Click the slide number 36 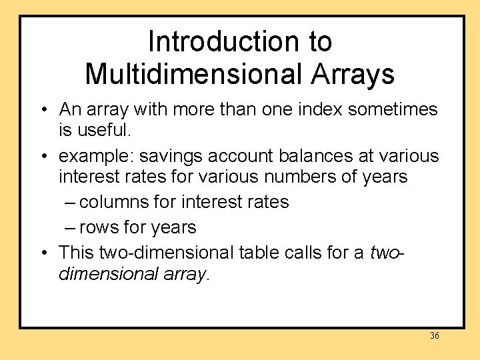click(x=434, y=336)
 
